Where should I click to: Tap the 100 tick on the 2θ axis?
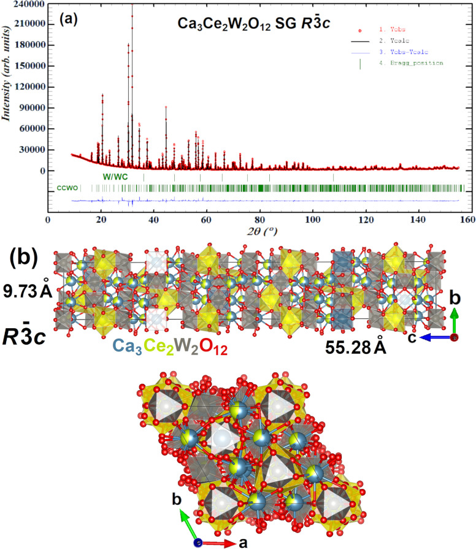(x=313, y=219)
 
